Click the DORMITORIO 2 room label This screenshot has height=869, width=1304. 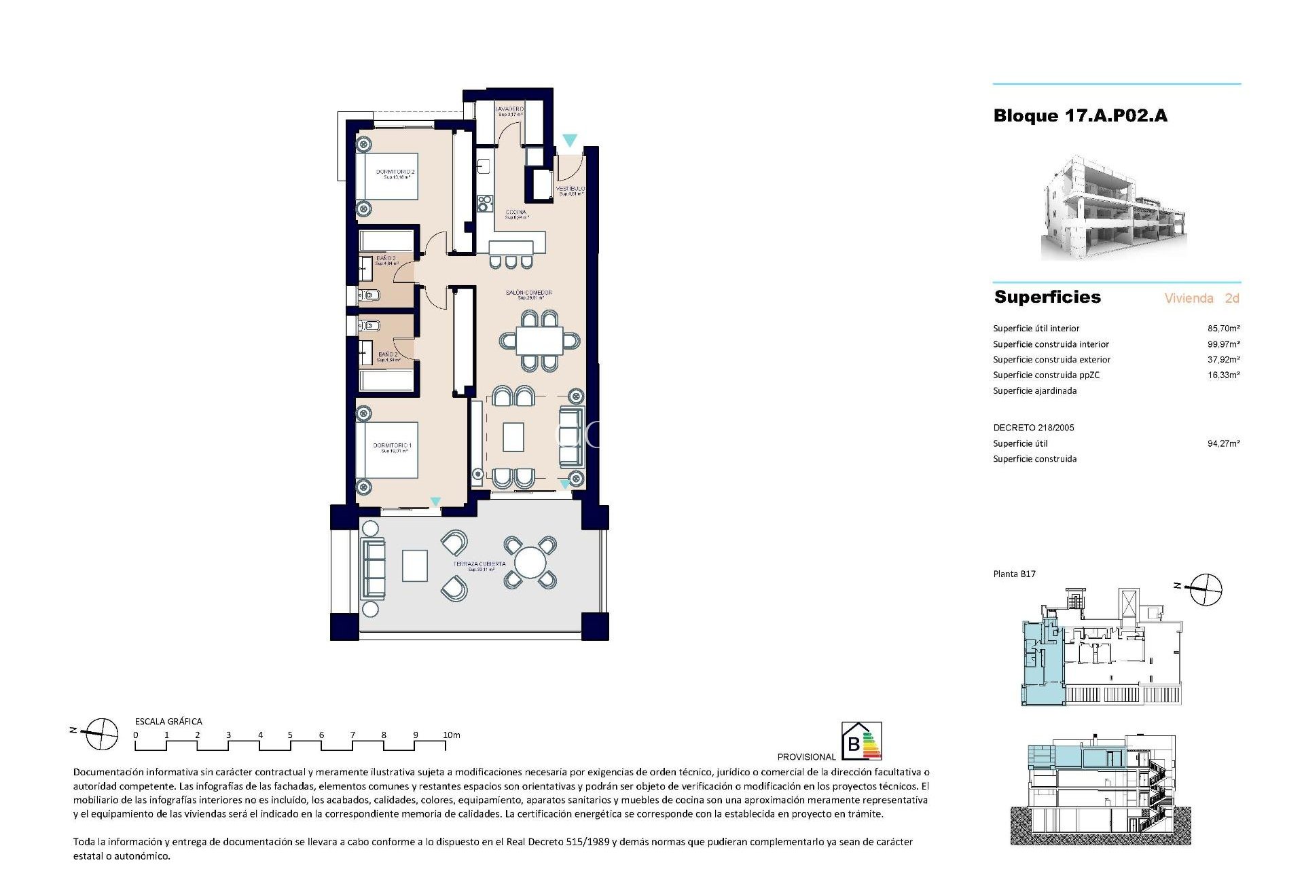[395, 172]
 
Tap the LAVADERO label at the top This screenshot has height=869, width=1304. [509, 109]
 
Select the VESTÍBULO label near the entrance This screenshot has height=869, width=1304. [570, 189]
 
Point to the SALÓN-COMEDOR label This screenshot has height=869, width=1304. [529, 293]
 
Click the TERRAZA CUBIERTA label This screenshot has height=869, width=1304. [480, 564]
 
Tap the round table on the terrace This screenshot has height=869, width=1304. [530, 563]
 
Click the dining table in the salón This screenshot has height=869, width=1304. [539, 340]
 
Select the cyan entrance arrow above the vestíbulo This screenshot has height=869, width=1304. [570, 141]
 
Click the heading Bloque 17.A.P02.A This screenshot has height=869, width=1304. [1080, 116]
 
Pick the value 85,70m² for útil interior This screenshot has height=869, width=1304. [1223, 329]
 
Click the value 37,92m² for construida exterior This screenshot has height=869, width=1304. [1223, 360]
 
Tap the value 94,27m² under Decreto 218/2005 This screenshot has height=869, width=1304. [1223, 444]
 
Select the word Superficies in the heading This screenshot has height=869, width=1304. [1047, 297]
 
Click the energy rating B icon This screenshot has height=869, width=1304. [861, 741]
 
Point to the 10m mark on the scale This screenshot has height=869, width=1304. [451, 735]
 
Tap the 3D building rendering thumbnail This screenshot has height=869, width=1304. [1114, 208]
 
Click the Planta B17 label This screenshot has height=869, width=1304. [1014, 574]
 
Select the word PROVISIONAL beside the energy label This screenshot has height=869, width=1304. [806, 757]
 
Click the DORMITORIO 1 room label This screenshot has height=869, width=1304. [392, 446]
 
